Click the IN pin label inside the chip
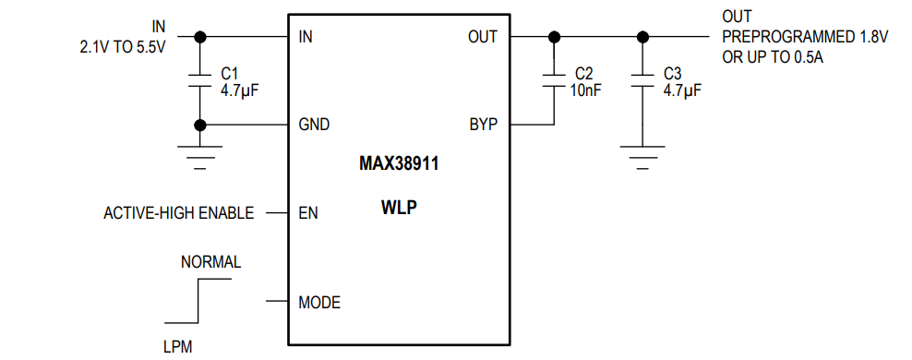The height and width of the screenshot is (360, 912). (306, 37)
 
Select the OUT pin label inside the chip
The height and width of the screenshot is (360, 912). (482, 37)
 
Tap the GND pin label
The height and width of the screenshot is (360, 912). (314, 125)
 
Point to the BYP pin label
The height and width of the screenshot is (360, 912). (483, 125)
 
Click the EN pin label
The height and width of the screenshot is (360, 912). (308, 213)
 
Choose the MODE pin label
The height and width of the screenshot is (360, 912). (319, 302)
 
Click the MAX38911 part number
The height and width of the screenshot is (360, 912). (398, 166)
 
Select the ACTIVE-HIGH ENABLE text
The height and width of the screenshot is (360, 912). (179, 213)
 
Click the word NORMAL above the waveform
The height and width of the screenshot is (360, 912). (210, 262)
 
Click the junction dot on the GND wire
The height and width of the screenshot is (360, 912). (198, 125)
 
